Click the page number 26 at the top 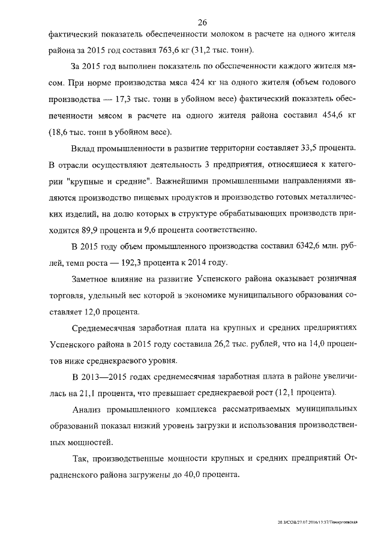coord(202,22)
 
